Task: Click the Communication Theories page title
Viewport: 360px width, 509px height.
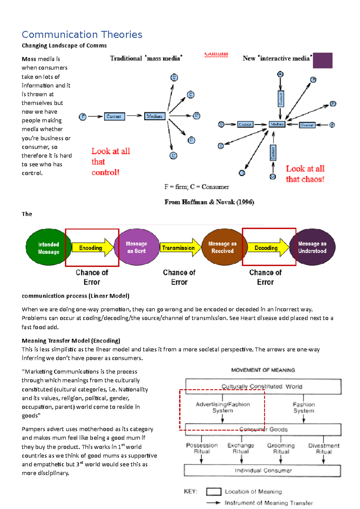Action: click(82, 34)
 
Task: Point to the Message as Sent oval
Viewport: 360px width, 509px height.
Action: click(136, 247)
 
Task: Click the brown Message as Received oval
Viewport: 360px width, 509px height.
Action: click(222, 247)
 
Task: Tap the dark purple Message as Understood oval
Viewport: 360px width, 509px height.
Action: click(312, 247)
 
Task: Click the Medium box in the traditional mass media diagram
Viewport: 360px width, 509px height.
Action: click(155, 116)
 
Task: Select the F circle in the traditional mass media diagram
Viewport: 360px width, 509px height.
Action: click(82, 117)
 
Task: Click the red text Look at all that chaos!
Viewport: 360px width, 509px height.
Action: click(305, 174)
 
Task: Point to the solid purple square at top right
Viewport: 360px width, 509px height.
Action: click(322, 60)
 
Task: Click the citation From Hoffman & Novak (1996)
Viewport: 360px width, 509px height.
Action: click(209, 202)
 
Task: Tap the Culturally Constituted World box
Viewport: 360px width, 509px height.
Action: click(263, 386)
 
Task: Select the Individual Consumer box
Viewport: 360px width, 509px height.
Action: click(262, 471)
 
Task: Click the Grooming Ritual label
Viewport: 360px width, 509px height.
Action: click(281, 448)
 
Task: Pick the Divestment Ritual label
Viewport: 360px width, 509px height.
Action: click(324, 448)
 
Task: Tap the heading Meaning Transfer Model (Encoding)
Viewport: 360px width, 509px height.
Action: click(71, 341)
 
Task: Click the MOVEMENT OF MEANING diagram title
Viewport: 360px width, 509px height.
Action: click(263, 370)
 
